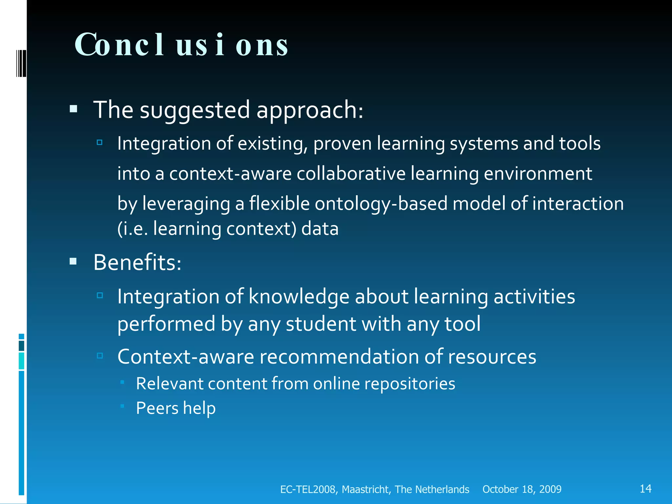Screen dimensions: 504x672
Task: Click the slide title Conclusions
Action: point(181,45)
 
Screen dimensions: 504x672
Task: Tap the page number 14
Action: point(645,489)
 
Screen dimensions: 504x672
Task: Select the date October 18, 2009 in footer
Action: point(522,489)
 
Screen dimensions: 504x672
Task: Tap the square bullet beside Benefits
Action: point(73,262)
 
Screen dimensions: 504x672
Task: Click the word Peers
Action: point(157,408)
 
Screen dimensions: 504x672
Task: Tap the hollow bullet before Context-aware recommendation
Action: point(100,355)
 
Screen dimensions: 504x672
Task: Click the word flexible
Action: point(279,203)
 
